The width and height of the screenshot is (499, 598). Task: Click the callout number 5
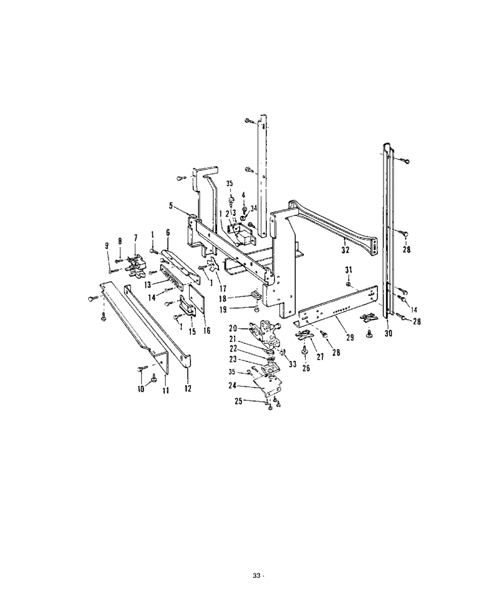pyautogui.click(x=171, y=206)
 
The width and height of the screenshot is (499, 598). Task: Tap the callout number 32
pyautogui.click(x=346, y=250)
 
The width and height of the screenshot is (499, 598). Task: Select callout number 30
pyautogui.click(x=389, y=333)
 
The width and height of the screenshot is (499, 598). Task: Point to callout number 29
pyautogui.click(x=350, y=337)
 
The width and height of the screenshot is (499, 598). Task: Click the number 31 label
pyautogui.click(x=349, y=270)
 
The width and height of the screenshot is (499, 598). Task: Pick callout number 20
pyautogui.click(x=233, y=328)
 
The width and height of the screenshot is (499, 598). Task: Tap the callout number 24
pyautogui.click(x=233, y=386)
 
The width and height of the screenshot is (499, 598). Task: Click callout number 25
pyautogui.click(x=239, y=401)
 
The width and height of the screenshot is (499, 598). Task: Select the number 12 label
pyautogui.click(x=188, y=388)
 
